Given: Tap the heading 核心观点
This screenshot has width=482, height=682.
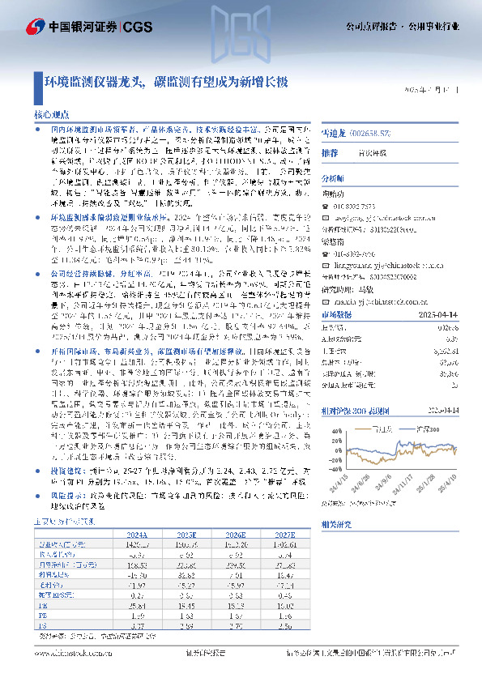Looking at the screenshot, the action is tap(51, 116).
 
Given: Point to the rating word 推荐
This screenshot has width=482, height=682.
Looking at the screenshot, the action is tap(330, 152).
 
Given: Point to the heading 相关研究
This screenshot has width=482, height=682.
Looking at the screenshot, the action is tap(336, 524).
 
